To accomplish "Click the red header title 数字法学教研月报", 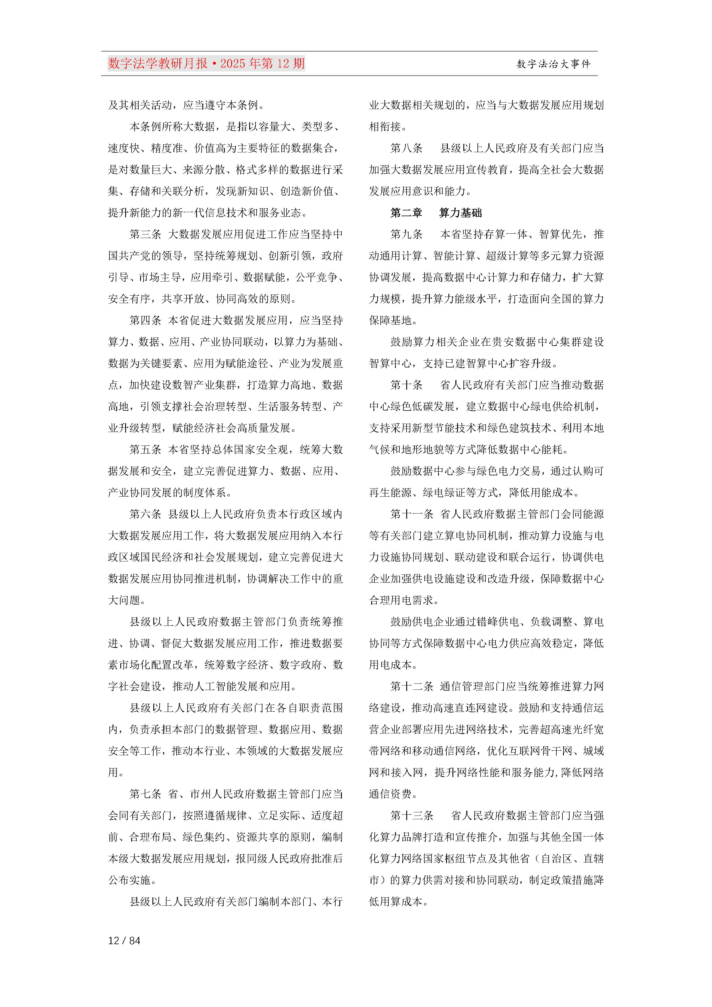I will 158,64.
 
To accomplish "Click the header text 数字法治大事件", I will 554,64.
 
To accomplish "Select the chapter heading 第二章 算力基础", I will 436,213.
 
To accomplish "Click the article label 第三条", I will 145,234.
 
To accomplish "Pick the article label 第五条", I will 145,450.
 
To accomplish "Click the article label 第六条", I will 145,514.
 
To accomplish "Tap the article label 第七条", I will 145,794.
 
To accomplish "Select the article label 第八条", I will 406,148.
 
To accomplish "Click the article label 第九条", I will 406,234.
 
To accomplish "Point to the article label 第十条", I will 406,385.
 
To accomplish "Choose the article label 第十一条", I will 411,514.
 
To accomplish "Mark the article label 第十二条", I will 411,686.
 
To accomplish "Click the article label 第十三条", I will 411,815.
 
